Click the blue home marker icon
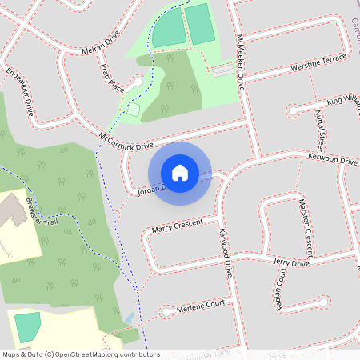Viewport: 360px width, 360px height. [180, 172]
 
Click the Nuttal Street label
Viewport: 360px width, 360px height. [320, 132]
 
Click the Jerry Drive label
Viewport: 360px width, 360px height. [290, 263]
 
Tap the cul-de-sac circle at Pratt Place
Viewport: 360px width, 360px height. [138, 82]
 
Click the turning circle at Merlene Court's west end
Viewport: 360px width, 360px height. [166, 310]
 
